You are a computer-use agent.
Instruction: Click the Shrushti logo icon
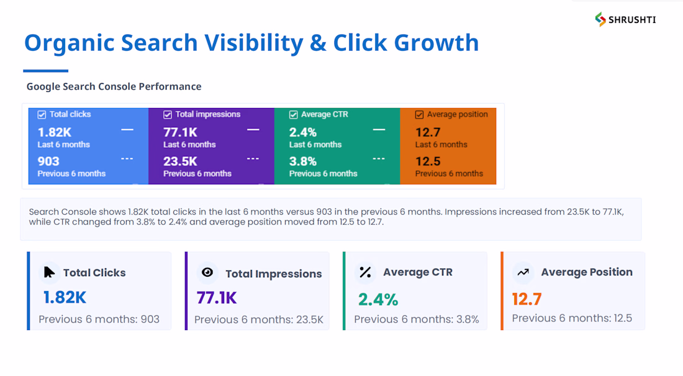point(600,19)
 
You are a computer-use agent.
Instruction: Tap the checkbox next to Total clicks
point(42,114)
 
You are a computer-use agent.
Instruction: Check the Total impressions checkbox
point(167,114)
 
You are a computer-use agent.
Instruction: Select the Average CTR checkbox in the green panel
point(293,114)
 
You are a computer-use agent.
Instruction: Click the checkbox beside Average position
point(419,114)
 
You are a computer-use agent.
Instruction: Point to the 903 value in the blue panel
point(48,161)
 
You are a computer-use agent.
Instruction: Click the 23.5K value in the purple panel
point(180,161)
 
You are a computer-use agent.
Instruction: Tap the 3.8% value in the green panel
point(303,161)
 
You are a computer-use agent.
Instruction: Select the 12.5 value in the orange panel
point(428,161)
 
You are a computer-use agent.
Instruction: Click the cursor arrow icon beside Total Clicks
point(49,272)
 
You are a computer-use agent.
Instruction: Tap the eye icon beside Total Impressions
point(207,272)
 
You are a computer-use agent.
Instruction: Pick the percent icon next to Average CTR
point(365,272)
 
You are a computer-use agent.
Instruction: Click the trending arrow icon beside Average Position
point(523,272)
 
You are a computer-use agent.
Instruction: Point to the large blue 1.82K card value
point(65,298)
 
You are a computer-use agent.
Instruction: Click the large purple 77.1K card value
point(217,298)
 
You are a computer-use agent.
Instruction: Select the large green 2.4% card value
point(378,300)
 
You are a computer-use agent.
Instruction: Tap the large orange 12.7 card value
point(527,300)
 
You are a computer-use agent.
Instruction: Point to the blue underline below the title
point(46,71)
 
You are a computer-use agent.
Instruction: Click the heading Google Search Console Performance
point(114,86)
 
